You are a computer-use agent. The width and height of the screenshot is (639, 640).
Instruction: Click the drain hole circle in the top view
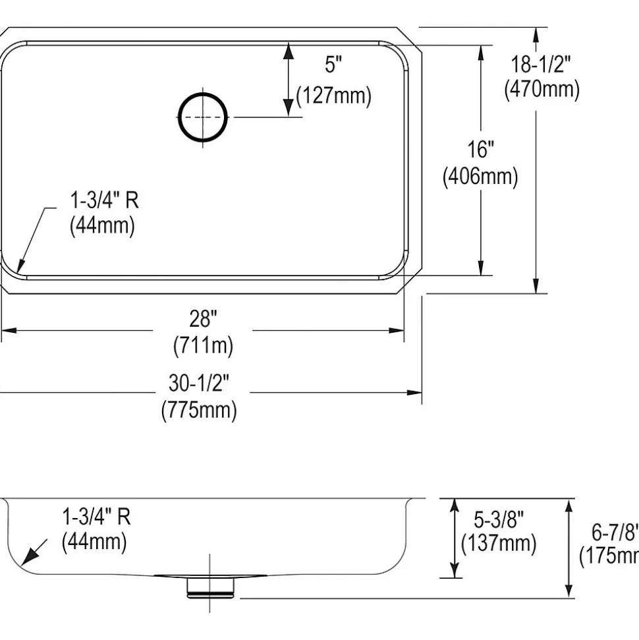pos(203,117)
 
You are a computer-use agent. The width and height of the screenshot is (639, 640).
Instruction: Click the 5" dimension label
pos(333,65)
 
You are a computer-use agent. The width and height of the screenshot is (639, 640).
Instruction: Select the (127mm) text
pos(333,96)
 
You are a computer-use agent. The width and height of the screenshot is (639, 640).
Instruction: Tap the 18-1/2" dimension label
pos(542,64)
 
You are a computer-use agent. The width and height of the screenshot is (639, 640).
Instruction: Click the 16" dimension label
pos(481,150)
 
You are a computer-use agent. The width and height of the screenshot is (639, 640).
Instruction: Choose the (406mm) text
pos(480,176)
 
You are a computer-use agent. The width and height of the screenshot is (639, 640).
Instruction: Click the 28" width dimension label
pos(203,320)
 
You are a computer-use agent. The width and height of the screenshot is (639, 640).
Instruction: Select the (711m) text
pos(203,345)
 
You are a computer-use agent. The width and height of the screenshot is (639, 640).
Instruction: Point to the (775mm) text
pos(199,410)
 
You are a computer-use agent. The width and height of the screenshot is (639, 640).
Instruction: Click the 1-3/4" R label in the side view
pos(96,517)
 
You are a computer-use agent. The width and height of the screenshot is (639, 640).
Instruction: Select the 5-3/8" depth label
pos(499,519)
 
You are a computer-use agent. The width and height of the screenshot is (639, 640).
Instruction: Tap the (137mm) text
pos(499,544)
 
